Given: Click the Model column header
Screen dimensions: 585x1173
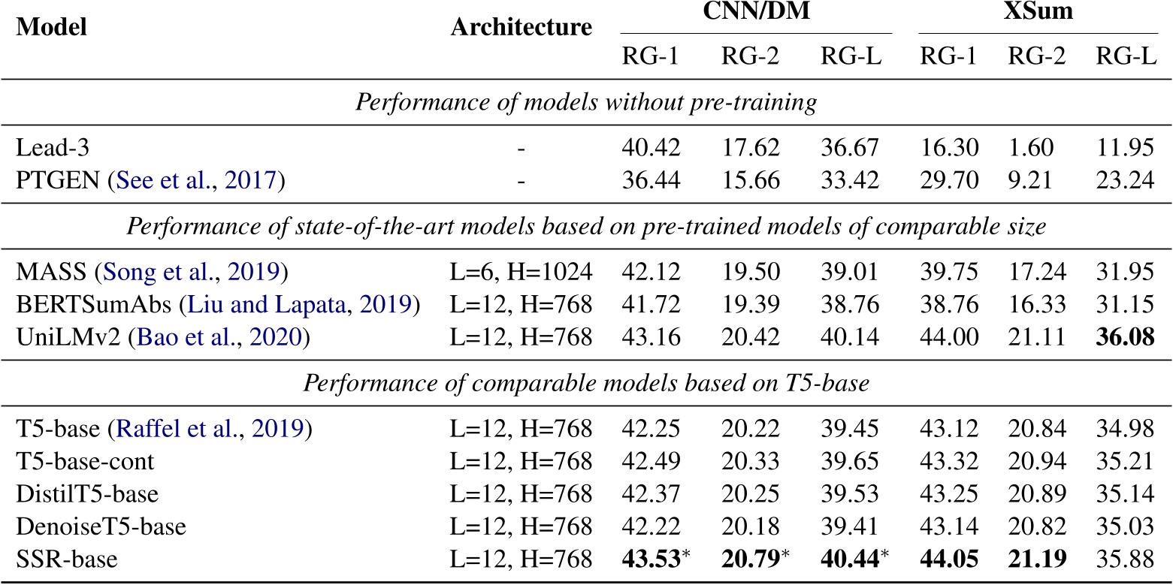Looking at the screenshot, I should point(51,28).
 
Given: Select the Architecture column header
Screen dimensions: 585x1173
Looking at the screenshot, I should point(521,28).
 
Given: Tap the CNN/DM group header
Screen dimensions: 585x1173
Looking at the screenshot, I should point(755,14).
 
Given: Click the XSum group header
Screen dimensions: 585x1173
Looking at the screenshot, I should point(1037,14).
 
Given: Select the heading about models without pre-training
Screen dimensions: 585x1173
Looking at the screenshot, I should point(586,102).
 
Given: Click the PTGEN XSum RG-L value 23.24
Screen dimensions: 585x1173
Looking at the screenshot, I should point(1123,181).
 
